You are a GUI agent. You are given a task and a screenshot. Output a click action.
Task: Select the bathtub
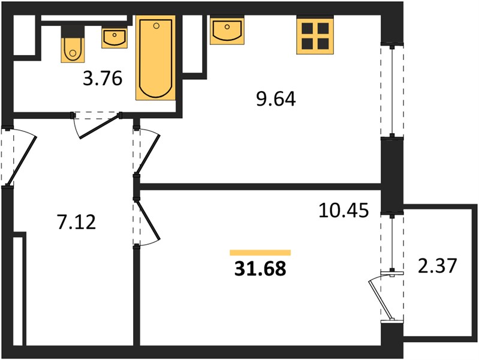(x=156, y=58)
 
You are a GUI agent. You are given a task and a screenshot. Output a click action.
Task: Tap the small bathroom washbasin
(x=115, y=38)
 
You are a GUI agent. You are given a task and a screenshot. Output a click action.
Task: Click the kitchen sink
(x=227, y=30)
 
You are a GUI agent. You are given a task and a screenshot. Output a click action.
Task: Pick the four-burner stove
(x=315, y=36)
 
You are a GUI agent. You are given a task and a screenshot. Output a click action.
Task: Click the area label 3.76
(x=103, y=79)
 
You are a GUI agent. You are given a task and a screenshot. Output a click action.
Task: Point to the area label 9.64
(x=276, y=99)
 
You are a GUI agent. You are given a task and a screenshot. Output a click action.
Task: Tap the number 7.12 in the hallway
(x=76, y=222)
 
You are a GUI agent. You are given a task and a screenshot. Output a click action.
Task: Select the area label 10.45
(x=344, y=211)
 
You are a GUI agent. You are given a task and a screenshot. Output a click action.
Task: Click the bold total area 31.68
(x=260, y=269)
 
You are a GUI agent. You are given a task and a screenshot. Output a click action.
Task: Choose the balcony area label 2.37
(x=437, y=265)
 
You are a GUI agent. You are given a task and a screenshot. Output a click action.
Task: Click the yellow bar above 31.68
(x=260, y=253)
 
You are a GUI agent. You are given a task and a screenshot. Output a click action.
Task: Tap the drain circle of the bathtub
(x=156, y=26)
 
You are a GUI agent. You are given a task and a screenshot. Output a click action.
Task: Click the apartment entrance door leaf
(x=22, y=161)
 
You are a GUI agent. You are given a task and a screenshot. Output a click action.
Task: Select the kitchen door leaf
(x=147, y=155)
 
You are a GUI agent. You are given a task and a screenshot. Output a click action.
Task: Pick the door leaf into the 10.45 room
(x=149, y=220)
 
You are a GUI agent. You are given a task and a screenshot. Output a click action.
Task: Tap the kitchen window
(x=392, y=91)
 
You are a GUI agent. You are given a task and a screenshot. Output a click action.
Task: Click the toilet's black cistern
(x=73, y=32)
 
